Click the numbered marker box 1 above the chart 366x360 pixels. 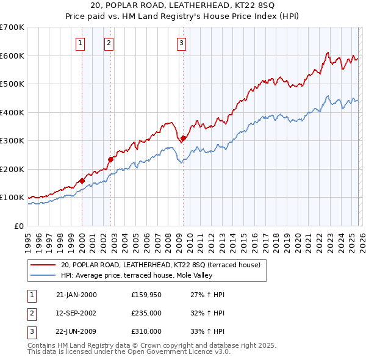click(81, 43)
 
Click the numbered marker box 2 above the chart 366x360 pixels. click(109, 43)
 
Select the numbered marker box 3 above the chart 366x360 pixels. click(182, 43)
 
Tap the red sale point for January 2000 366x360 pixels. click(82, 181)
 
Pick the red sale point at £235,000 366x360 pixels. click(110, 159)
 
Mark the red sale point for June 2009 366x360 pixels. click(183, 139)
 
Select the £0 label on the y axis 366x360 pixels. click(18, 226)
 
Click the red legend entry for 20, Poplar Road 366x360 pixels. click(160, 265)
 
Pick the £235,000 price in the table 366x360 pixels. click(146, 313)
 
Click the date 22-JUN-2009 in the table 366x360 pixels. click(76, 331)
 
